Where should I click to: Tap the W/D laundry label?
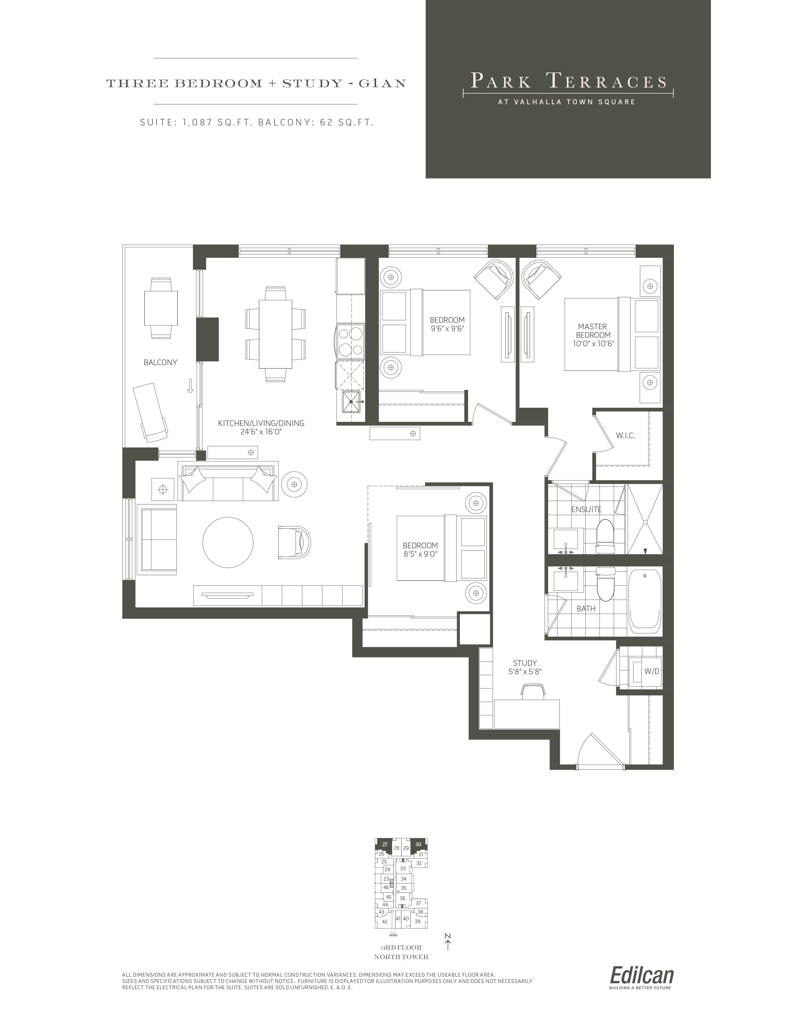[x=652, y=671]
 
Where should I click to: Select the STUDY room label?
[x=525, y=663]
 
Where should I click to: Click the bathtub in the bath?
[x=645, y=601]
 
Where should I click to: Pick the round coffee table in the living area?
[x=228, y=543]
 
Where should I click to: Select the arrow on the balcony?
[x=190, y=386]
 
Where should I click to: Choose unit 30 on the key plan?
[x=418, y=844]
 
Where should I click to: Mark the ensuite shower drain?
[x=645, y=522]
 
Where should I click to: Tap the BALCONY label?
[x=161, y=363]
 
